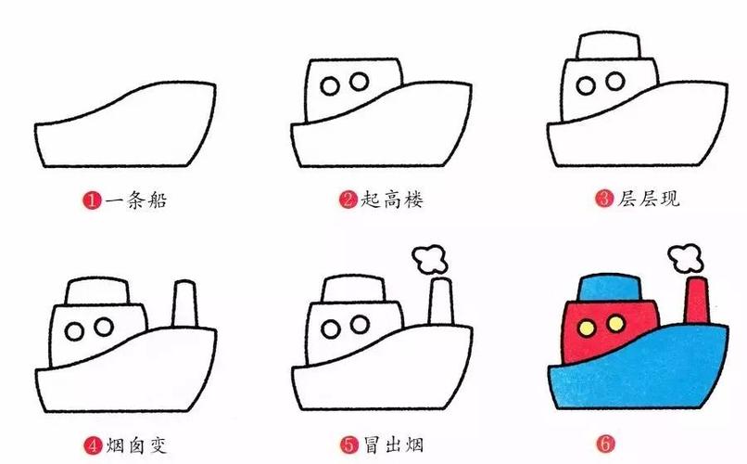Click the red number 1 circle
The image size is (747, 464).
point(92,200)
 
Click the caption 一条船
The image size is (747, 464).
point(134,200)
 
